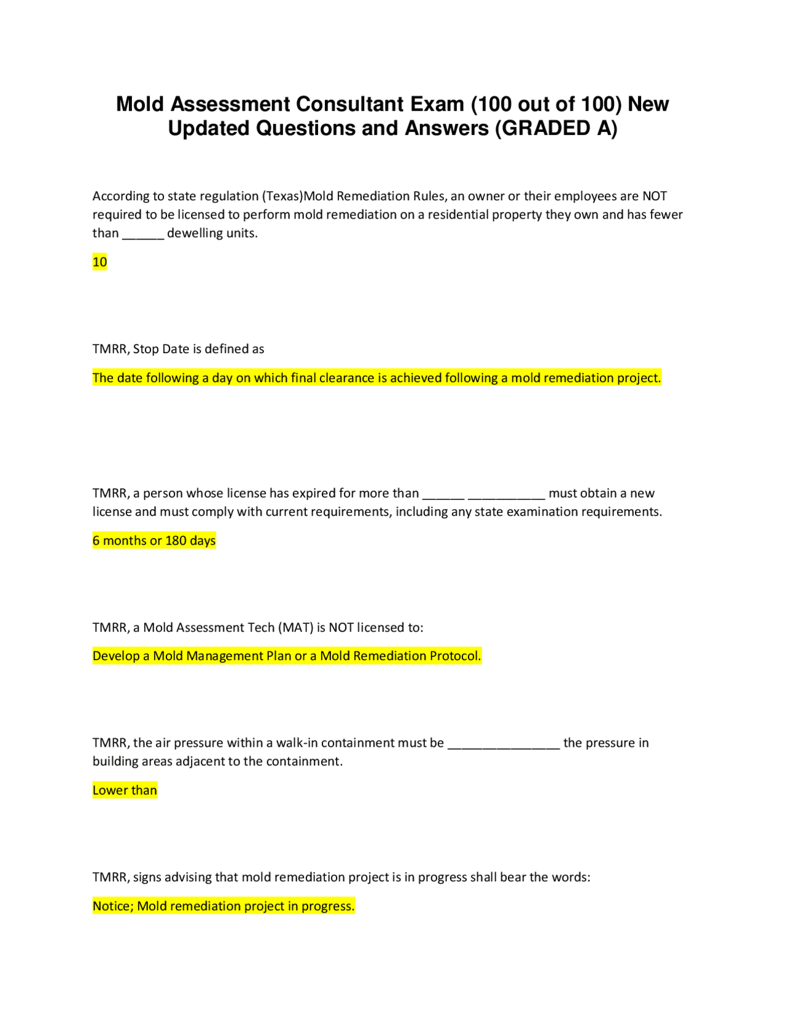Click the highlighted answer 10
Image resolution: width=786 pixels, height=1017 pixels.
click(99, 262)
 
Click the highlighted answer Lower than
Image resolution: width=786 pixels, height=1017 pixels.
click(125, 790)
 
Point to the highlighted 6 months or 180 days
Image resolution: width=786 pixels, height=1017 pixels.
click(154, 541)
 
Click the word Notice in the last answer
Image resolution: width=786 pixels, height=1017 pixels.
click(112, 906)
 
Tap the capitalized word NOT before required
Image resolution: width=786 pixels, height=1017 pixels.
click(655, 197)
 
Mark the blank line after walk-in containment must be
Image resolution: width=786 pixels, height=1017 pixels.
click(504, 744)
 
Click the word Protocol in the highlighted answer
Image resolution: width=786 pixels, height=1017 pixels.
click(454, 657)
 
